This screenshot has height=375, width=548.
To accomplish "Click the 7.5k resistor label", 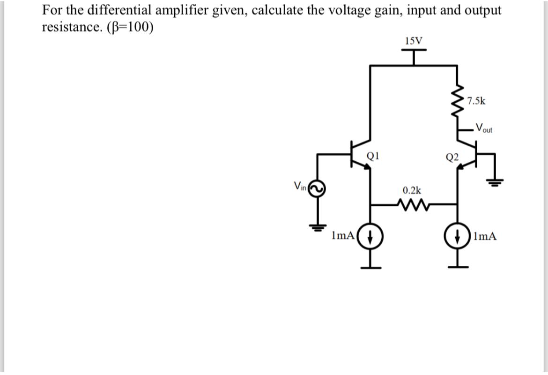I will coord(476,100).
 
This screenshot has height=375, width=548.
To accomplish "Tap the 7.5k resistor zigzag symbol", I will coord(458,104).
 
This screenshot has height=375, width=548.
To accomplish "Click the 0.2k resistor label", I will coord(412,190).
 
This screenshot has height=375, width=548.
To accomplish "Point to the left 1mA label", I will coord(342,236).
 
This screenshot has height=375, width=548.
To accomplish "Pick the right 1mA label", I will coord(485,236).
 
